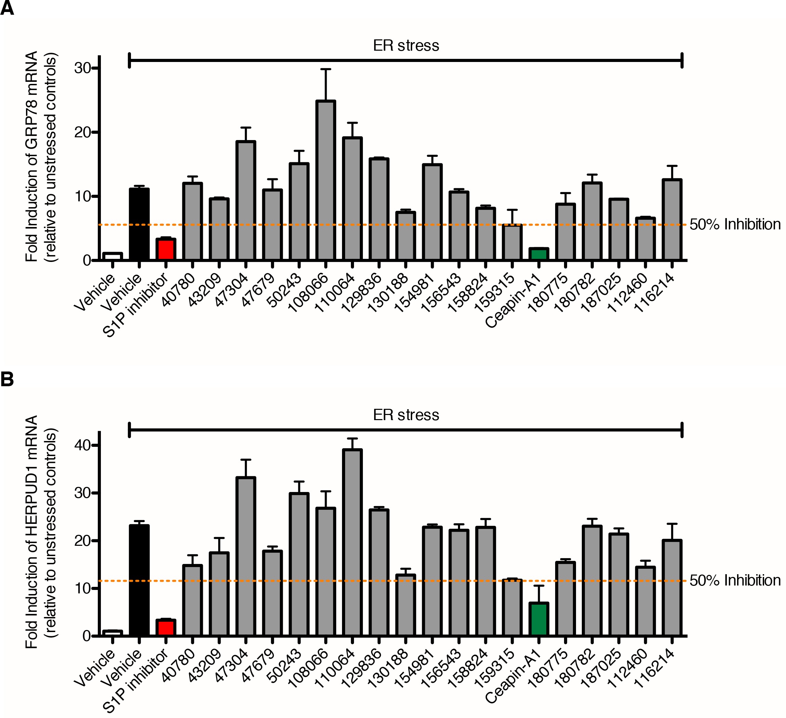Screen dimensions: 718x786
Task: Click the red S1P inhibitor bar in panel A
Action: coord(166,249)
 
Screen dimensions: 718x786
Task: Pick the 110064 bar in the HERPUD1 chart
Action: coord(352,542)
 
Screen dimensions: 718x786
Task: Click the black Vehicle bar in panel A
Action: coord(139,224)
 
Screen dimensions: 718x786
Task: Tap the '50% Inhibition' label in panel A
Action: coord(735,225)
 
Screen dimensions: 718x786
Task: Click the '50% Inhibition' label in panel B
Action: coord(735,581)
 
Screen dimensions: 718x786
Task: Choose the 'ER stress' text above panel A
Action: coord(406,46)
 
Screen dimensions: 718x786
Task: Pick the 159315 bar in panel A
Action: coord(512,242)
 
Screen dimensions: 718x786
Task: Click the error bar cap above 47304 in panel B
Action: coord(246,460)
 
